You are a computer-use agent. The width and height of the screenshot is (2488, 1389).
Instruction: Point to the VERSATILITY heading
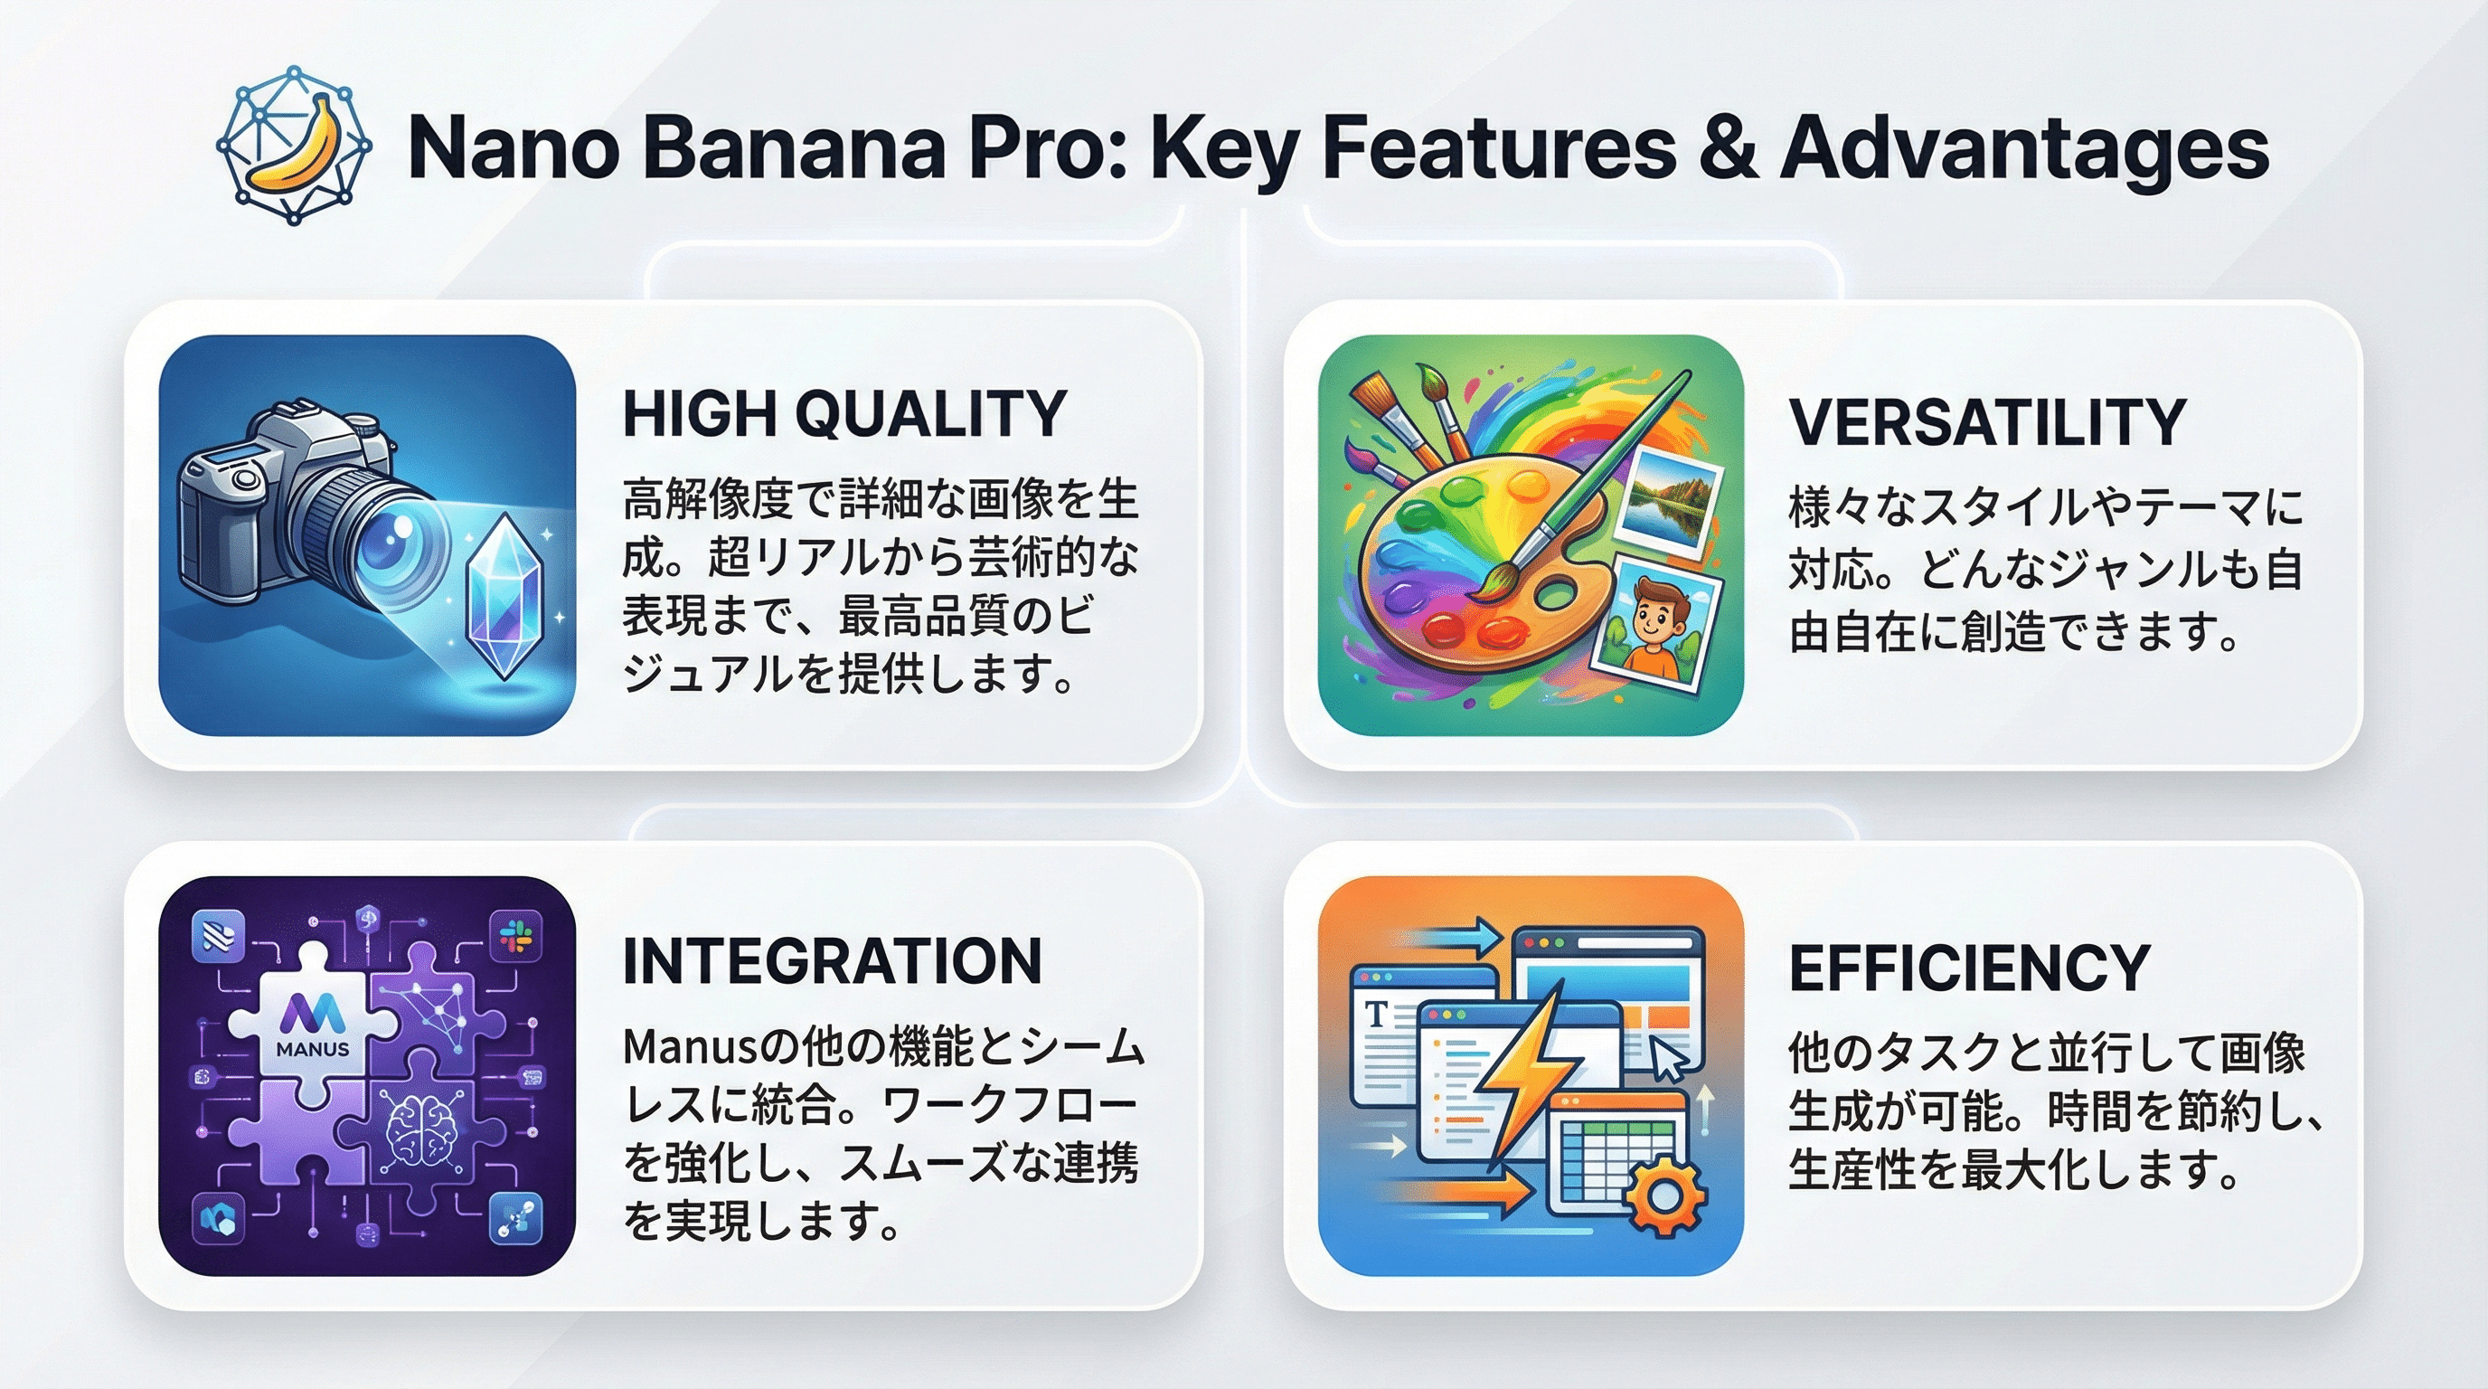(1987, 422)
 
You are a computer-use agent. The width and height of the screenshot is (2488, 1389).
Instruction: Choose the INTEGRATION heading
(832, 961)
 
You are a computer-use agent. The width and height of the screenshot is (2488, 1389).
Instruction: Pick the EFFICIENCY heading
(1968, 968)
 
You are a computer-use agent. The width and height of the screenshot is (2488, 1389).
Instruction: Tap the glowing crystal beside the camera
(504, 594)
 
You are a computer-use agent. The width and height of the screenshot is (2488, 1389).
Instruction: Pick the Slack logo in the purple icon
(517, 935)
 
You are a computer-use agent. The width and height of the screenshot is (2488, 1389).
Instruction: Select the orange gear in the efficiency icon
(1663, 1196)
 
